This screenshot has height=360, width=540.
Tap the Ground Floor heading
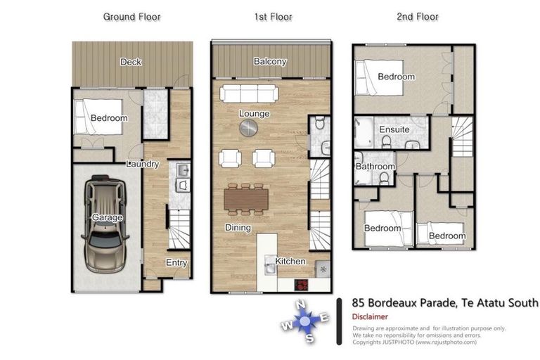coord(131,16)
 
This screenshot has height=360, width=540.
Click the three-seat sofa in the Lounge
coord(249,94)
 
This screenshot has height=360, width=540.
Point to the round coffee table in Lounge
coord(249,127)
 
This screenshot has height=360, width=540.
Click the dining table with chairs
coord(247,199)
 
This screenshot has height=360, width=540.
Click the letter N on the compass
coord(301,304)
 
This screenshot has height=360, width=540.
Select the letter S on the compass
coord(309,337)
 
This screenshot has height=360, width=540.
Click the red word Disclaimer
coord(370,316)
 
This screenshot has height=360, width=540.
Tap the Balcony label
coord(270,62)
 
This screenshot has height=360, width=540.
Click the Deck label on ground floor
coord(131,62)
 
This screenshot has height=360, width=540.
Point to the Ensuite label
coord(394,130)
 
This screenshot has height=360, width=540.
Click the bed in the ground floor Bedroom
coord(98,117)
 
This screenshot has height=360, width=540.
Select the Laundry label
coord(143,164)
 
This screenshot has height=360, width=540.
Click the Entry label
coord(176,262)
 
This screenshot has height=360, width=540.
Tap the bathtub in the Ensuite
coord(366,131)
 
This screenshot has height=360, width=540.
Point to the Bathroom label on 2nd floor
coord(375,167)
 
